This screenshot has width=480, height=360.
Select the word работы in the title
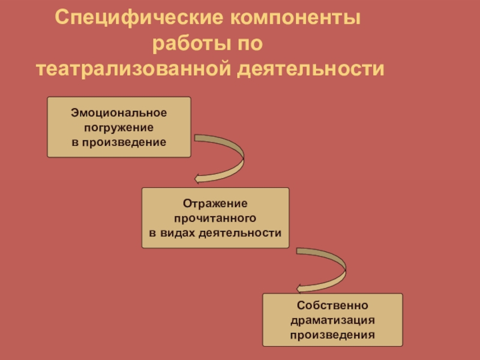190,44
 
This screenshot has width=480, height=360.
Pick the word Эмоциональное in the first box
119,113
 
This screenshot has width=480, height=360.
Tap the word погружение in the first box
119,127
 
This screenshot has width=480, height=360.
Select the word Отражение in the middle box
215,203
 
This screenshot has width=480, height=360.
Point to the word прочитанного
215,218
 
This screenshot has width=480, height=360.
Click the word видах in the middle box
178,232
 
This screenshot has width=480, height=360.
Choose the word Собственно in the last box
332,307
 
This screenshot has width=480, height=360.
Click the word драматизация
332,320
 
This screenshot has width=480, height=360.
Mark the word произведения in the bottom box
332,335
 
